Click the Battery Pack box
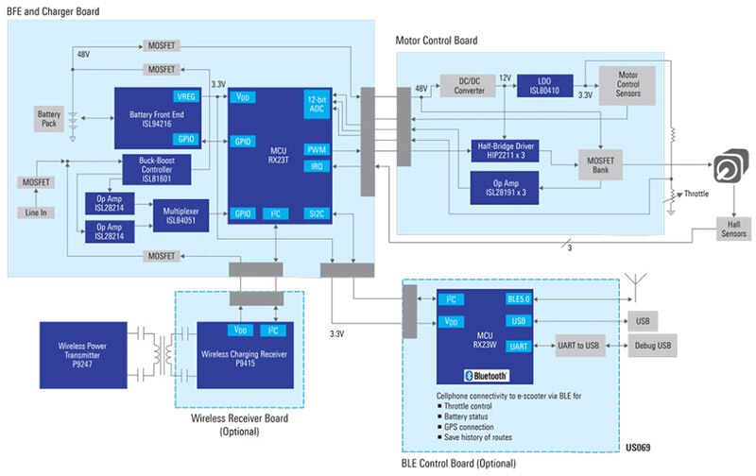point(49,119)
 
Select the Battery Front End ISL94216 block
point(157,118)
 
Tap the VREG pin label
point(185,97)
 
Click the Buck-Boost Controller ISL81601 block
point(157,170)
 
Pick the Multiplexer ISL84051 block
point(180,216)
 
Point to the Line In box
point(36,212)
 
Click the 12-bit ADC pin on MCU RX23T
point(317,104)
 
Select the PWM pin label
point(317,150)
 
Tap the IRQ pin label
point(317,167)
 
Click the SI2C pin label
point(317,213)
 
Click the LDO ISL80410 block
point(545,86)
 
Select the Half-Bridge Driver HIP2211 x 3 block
point(506,151)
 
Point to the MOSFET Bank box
point(600,164)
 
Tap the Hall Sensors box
point(733,229)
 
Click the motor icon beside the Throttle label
point(730,165)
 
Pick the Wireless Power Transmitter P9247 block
point(83,355)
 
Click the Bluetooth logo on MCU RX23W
point(486,376)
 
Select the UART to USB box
point(579,346)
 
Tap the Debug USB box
point(652,346)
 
